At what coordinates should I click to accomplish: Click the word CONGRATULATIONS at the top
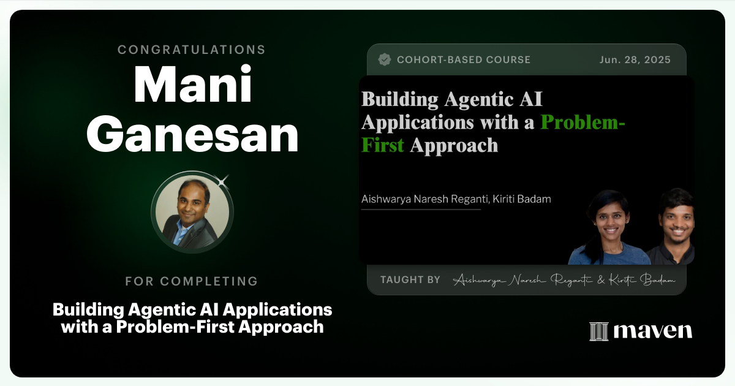[192, 49]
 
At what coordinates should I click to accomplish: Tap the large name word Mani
[192, 86]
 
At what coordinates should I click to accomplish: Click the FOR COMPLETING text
[192, 281]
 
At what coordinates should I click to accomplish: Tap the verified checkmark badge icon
[385, 59]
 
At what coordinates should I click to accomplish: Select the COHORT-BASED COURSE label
[464, 60]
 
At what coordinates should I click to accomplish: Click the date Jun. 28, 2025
[635, 60]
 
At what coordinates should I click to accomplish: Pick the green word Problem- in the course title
[582, 122]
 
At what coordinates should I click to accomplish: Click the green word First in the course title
[383, 145]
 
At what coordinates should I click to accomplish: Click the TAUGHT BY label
[410, 280]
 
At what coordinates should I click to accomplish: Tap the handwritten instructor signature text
[563, 280]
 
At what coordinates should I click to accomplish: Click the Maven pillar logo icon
[598, 331]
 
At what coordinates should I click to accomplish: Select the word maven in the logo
[652, 331]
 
